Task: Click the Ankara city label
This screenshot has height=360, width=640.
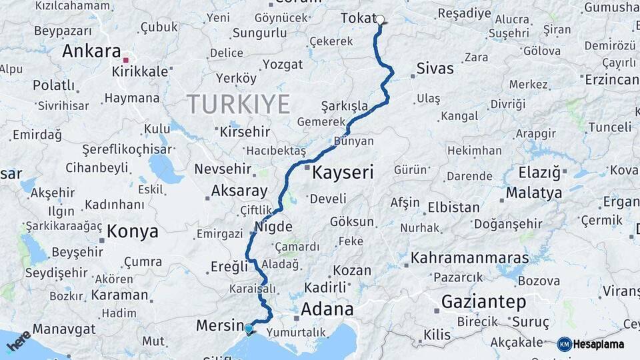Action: (91, 51)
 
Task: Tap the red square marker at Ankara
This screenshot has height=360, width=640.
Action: (125, 60)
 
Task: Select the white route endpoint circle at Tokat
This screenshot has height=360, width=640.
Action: (380, 19)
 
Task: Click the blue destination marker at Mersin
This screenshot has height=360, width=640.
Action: (249, 329)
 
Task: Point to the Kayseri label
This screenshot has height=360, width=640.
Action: (343, 173)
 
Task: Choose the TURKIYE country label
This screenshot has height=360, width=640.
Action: (238, 104)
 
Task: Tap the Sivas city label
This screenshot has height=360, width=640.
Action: (435, 68)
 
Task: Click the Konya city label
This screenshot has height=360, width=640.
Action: (133, 231)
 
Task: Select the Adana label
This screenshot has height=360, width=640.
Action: (327, 309)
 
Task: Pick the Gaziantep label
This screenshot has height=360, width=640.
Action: (483, 301)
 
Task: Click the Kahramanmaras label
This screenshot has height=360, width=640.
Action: (469, 257)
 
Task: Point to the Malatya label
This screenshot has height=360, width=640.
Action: (533, 193)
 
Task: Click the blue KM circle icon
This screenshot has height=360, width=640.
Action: (564, 344)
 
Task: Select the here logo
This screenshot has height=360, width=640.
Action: (19, 341)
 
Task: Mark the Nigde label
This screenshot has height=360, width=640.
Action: (273, 227)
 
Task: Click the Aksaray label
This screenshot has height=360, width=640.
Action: (239, 191)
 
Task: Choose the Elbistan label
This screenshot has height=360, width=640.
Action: (453, 207)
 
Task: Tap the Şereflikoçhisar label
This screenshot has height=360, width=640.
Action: (122, 149)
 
